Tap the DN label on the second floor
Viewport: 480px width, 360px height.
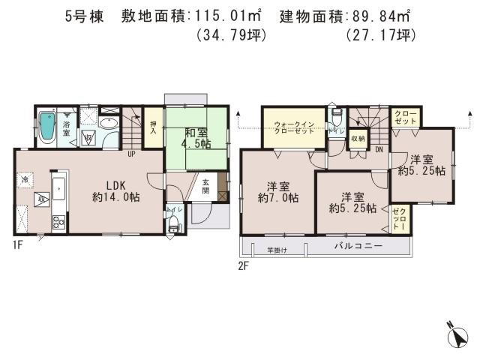coord(379,149)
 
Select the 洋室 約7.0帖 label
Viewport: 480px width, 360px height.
coord(277,192)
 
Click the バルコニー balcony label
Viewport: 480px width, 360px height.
coord(358,246)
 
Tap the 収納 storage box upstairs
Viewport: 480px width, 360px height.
coord(357,138)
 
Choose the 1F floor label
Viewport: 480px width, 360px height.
coord(17,244)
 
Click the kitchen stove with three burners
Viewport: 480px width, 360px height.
coord(56,221)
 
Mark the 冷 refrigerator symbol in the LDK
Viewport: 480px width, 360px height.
coord(25,180)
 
